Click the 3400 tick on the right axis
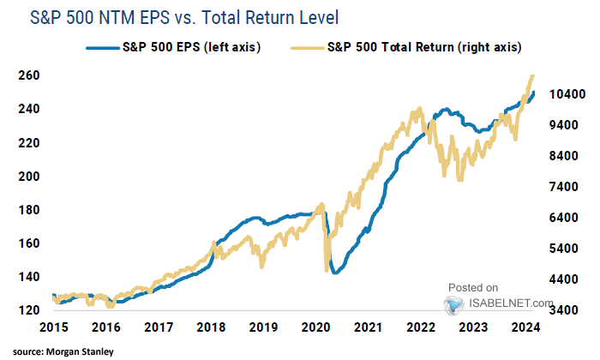[x=565, y=310]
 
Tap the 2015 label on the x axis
[x=52, y=327]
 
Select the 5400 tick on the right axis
[x=565, y=249]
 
